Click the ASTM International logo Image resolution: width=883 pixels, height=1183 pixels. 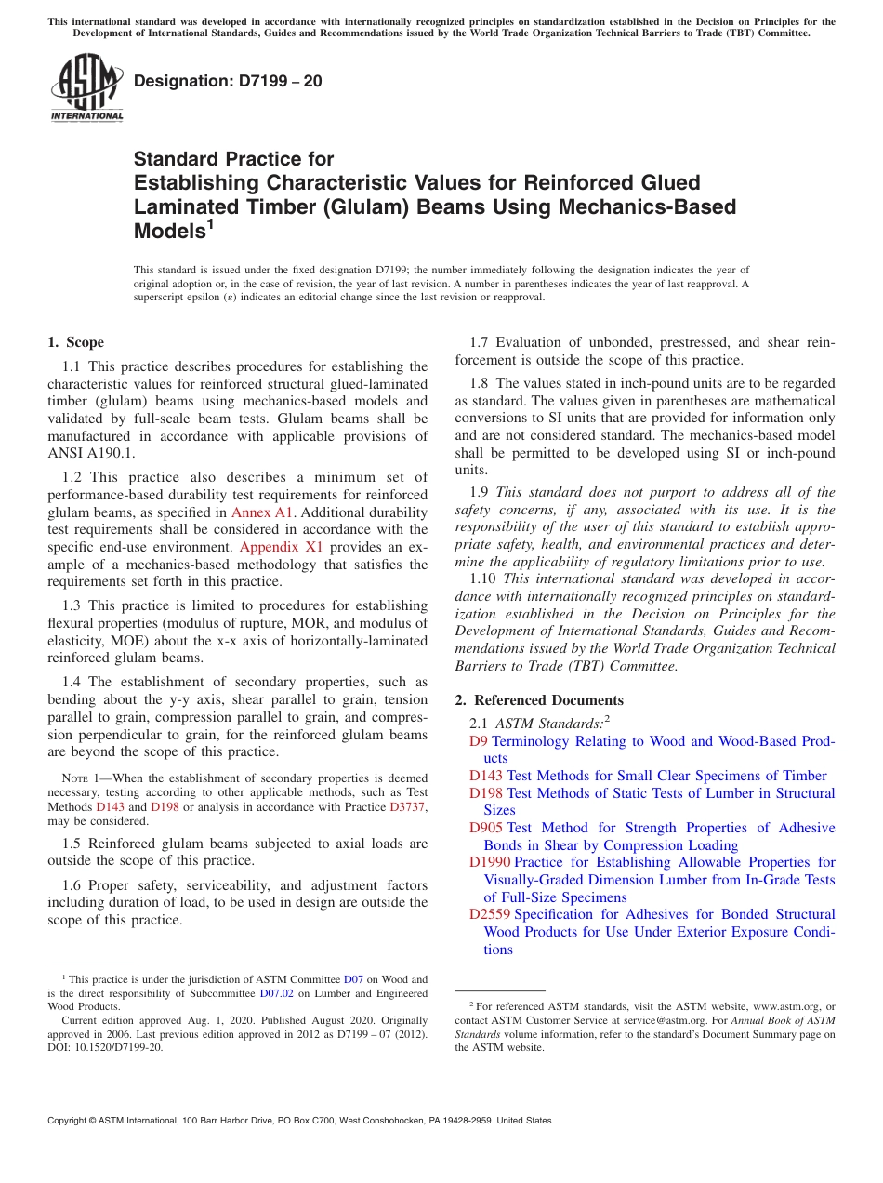click(x=86, y=88)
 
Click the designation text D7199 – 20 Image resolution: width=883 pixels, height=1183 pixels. click(x=228, y=81)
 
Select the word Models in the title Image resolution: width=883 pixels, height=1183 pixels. click(x=168, y=232)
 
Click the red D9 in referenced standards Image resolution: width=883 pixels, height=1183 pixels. click(x=479, y=741)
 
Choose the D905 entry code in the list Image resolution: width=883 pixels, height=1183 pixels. click(x=486, y=828)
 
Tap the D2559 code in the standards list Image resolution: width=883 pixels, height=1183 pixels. click(x=490, y=914)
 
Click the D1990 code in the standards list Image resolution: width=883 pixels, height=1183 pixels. click(x=490, y=862)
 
